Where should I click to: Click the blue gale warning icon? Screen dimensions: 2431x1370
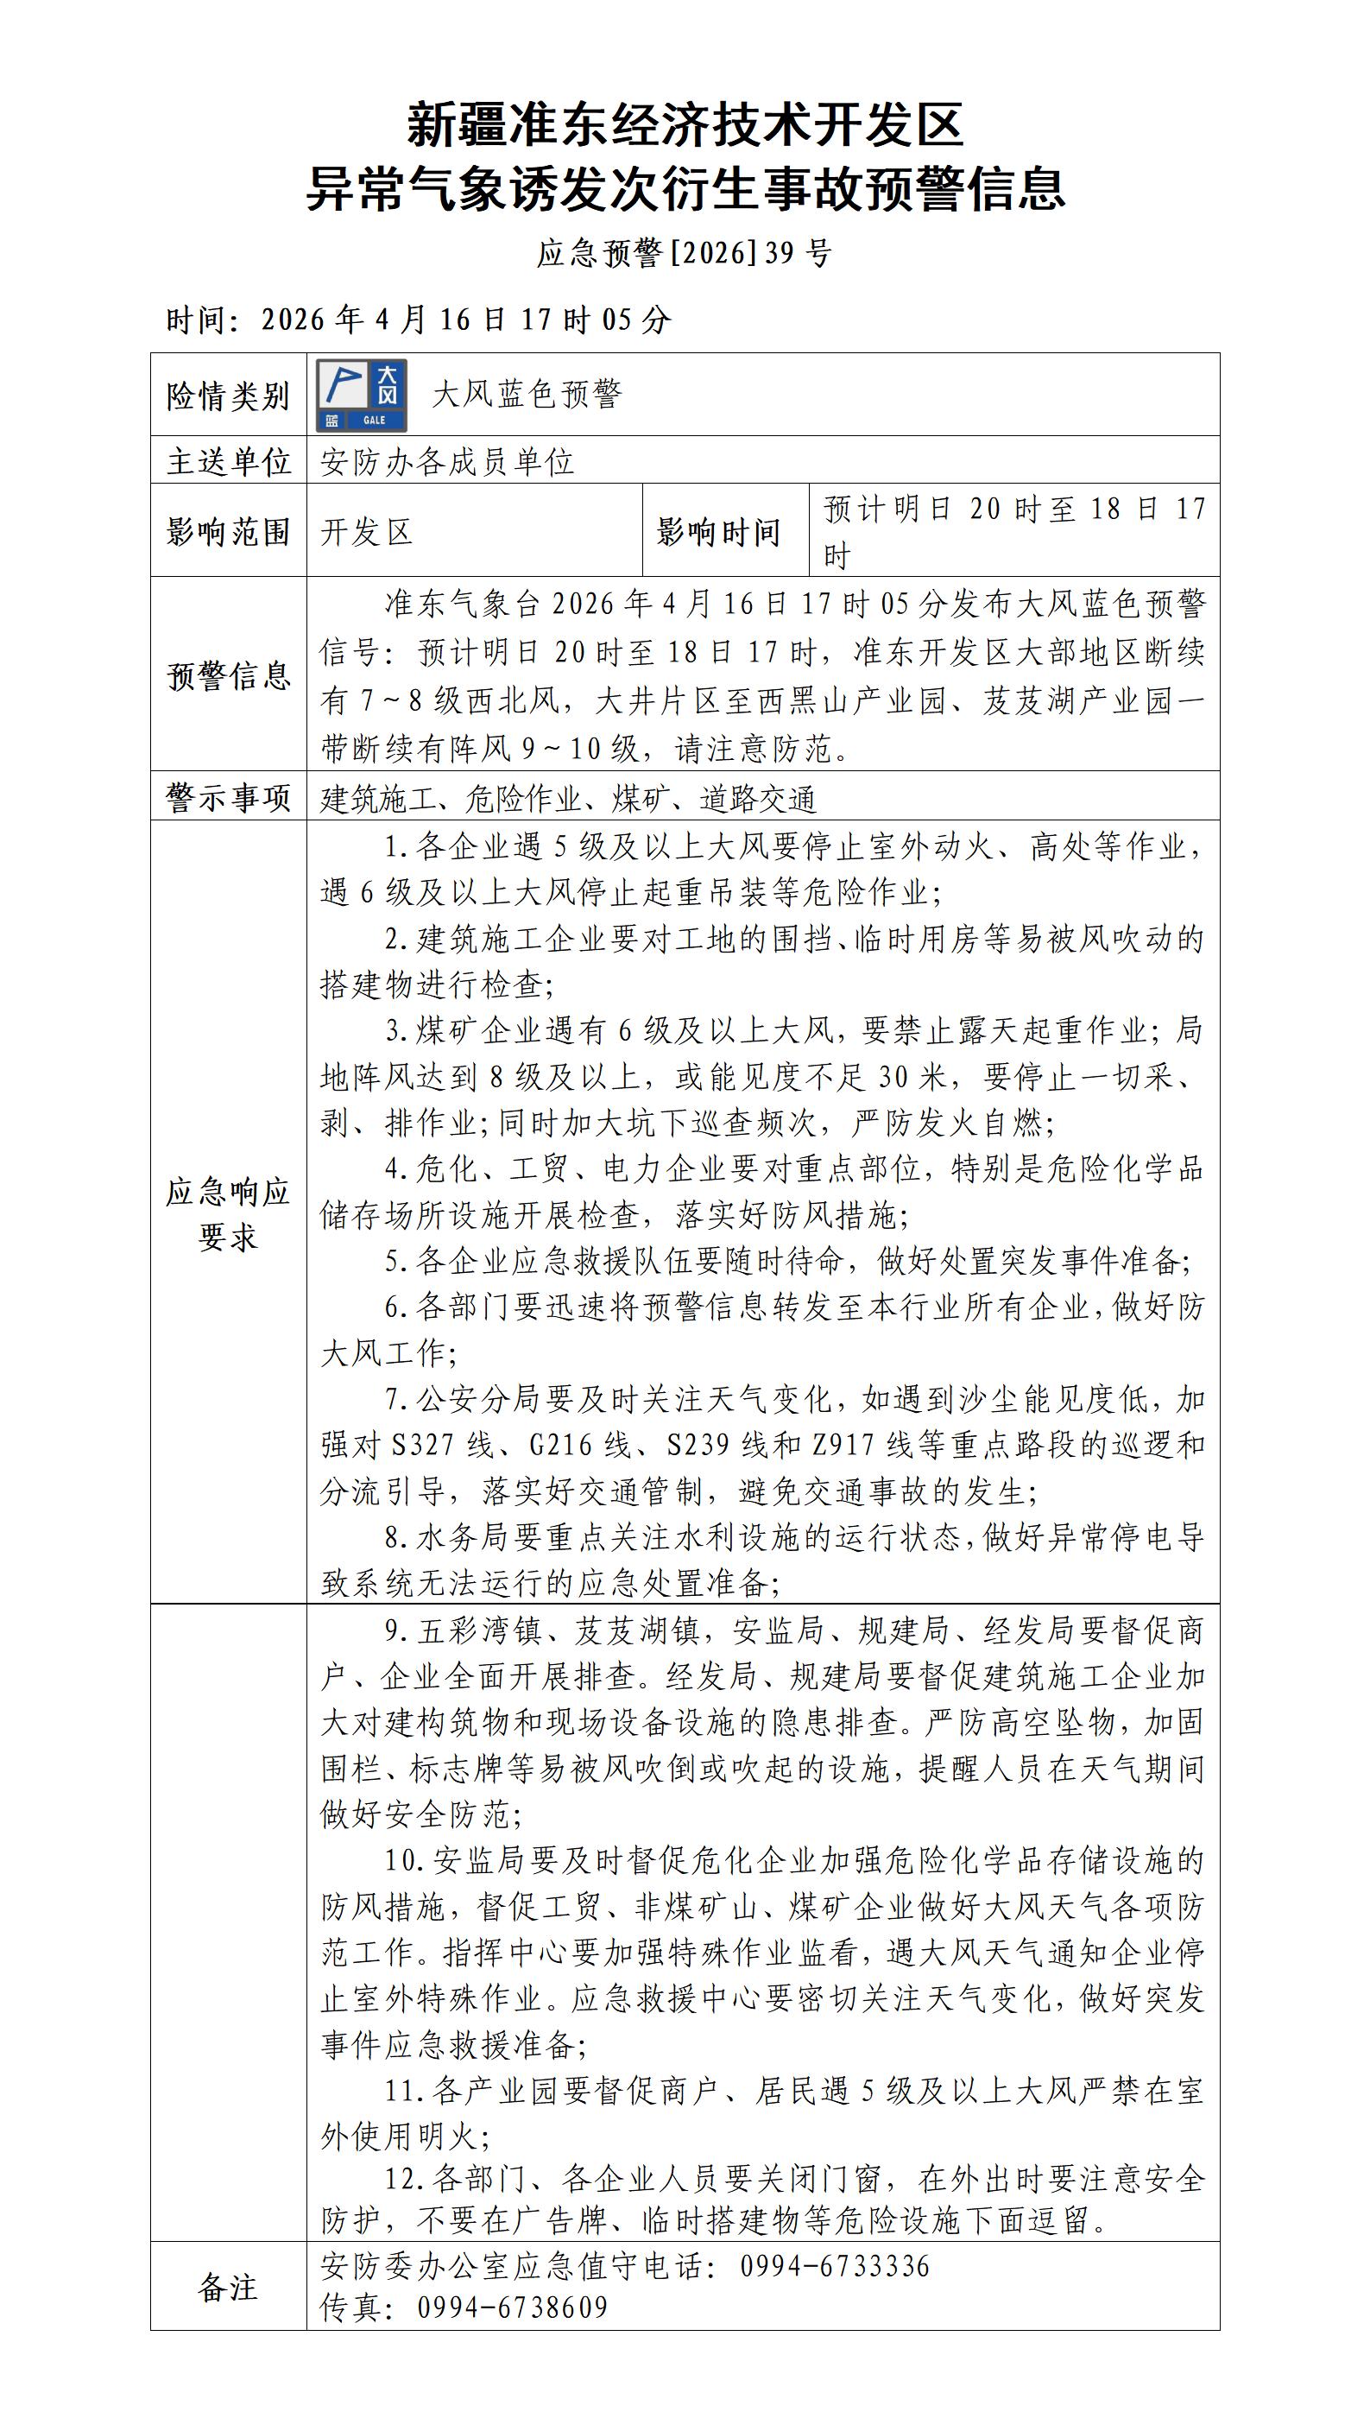pyautogui.click(x=362, y=396)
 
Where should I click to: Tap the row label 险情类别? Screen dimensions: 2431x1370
pyautogui.click(x=227, y=396)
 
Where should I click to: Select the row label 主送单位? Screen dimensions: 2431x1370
pyautogui.click(x=227, y=461)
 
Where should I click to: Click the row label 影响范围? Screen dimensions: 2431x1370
pyautogui.click(x=227, y=532)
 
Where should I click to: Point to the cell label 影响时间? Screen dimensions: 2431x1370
pyautogui.click(x=718, y=532)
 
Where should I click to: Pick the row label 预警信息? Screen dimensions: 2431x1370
pyautogui.click(x=227, y=675)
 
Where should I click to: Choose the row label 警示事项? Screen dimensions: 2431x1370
pyautogui.click(x=227, y=797)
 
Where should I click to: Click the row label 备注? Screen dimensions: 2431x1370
pyautogui.click(x=227, y=2287)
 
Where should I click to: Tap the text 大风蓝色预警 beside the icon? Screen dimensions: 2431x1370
pyautogui.click(x=527, y=395)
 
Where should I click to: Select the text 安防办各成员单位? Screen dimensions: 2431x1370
pyautogui.click(x=447, y=461)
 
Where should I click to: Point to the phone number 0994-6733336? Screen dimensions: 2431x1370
pyautogui.click(x=835, y=2266)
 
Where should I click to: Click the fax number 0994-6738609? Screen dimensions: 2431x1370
pyautogui.click(x=512, y=2308)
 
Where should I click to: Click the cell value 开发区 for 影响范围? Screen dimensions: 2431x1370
pyautogui.click(x=366, y=532)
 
